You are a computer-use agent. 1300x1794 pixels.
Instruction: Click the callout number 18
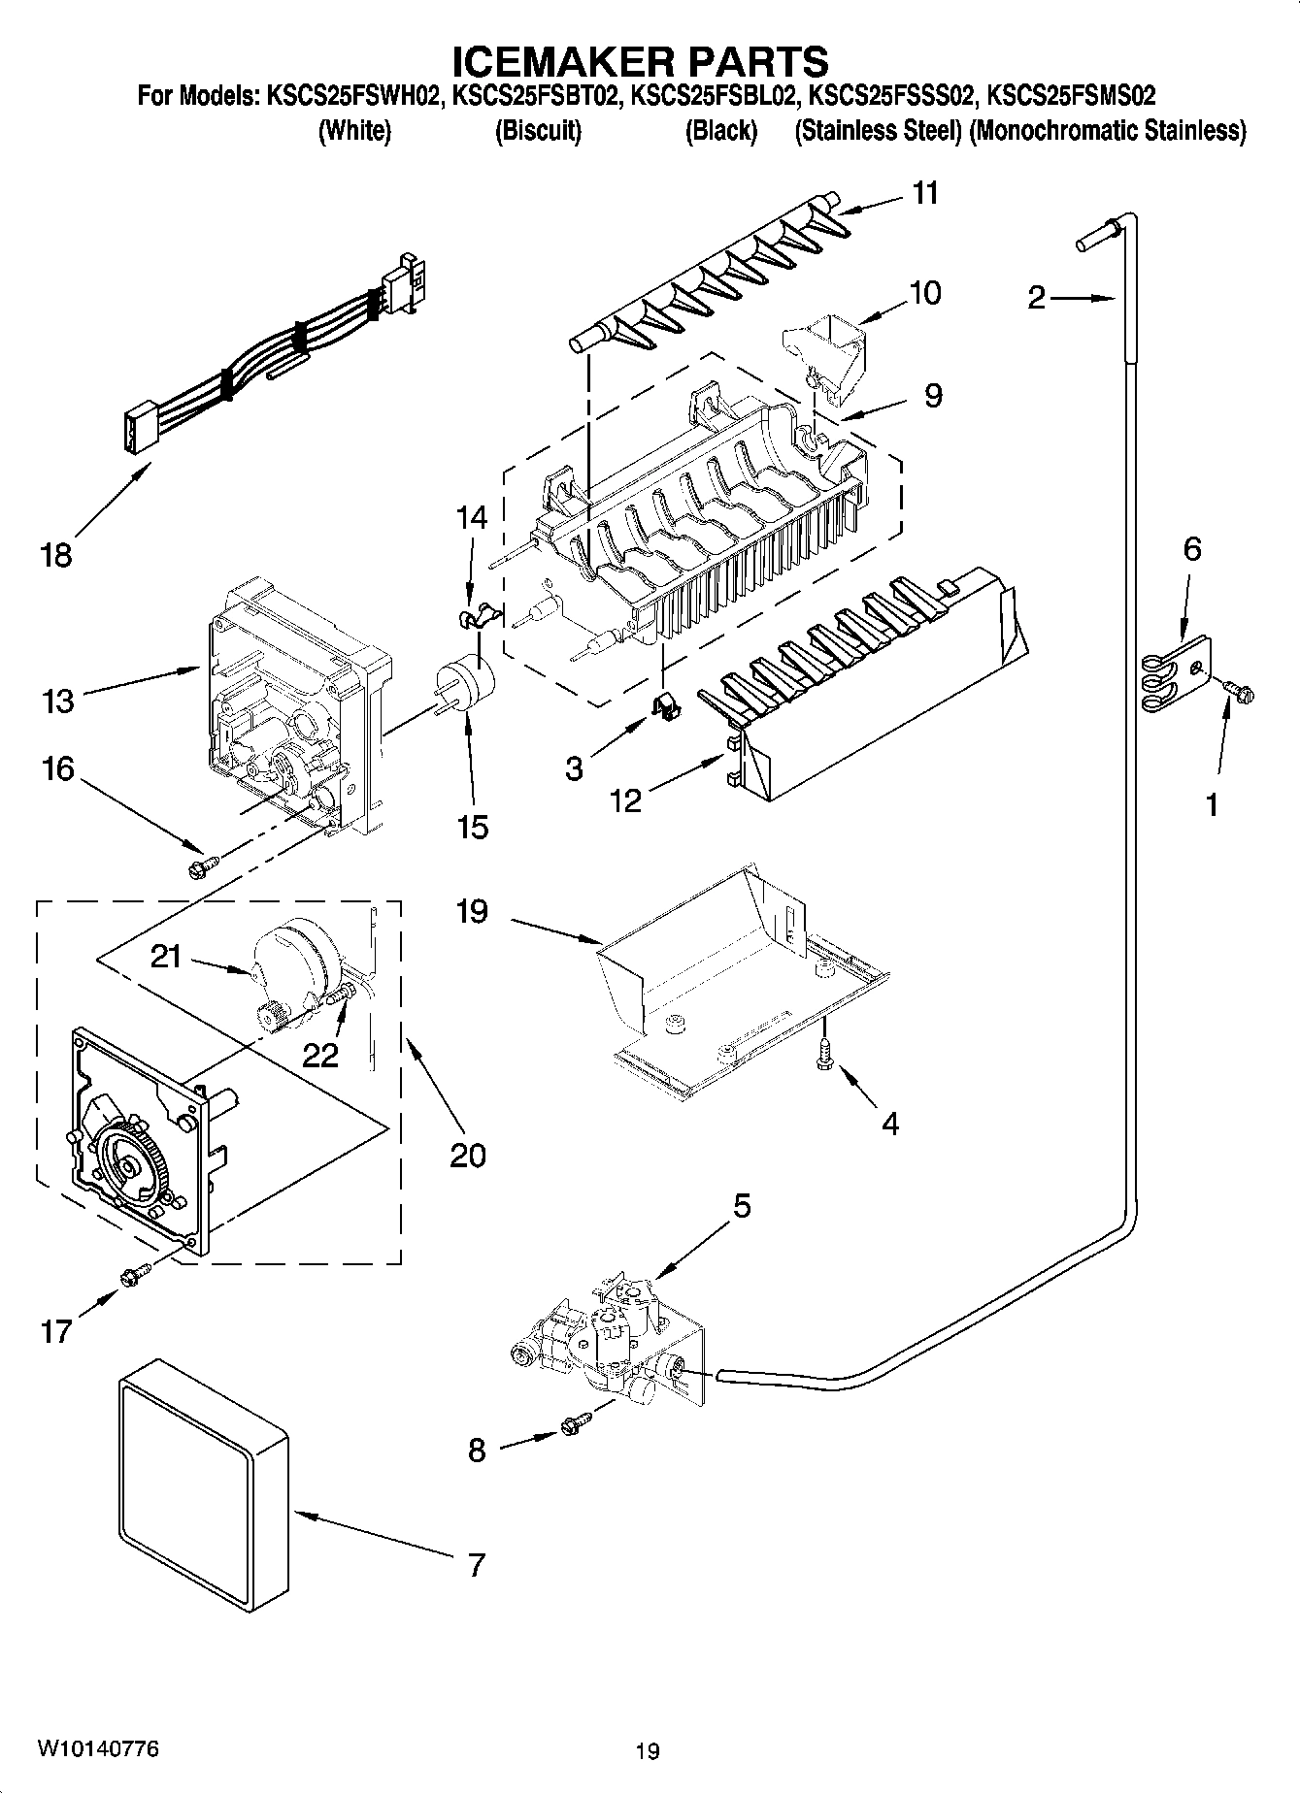click(x=56, y=556)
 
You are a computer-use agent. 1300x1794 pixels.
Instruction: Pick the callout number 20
click(x=467, y=1156)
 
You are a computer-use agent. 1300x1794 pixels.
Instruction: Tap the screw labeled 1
click(x=1240, y=690)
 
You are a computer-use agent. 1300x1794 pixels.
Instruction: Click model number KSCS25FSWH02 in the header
click(x=350, y=96)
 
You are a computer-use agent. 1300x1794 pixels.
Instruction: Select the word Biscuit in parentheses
click(x=538, y=131)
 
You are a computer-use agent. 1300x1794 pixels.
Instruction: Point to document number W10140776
click(x=98, y=1749)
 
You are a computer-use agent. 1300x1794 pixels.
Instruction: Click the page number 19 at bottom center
click(x=648, y=1751)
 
